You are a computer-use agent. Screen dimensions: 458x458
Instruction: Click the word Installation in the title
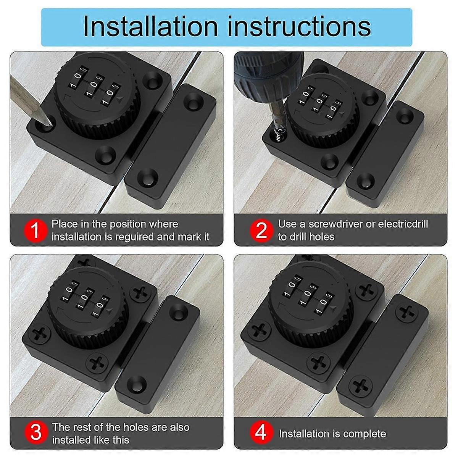point(150,26)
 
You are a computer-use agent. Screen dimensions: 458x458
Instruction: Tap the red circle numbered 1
point(35,231)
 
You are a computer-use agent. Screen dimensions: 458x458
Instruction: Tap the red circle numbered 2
point(261,231)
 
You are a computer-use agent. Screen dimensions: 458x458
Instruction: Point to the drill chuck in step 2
point(267,69)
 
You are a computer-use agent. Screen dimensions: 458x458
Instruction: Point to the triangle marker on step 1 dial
point(121,100)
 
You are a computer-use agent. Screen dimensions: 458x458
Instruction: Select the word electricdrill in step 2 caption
point(403,224)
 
